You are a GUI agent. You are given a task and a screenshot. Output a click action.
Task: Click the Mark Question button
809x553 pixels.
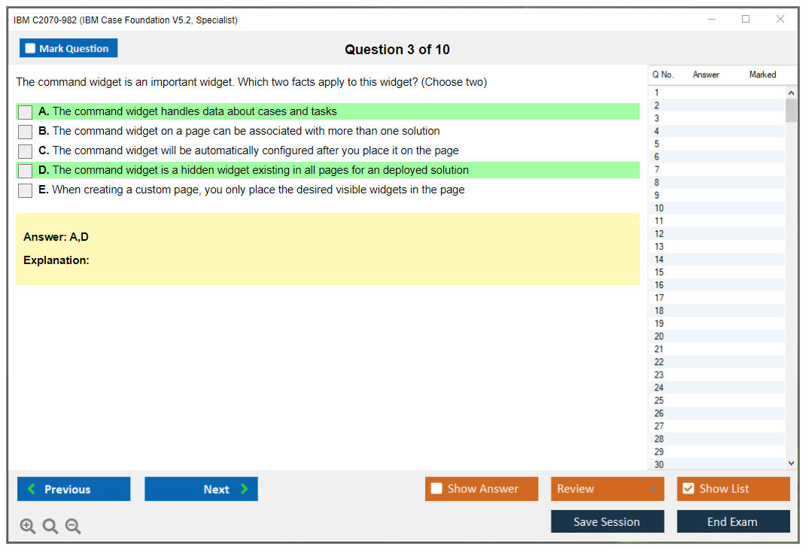[68, 48]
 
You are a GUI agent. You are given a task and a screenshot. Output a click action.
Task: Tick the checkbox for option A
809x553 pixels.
[26, 112]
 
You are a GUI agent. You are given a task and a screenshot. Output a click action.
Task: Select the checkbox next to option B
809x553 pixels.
[26, 132]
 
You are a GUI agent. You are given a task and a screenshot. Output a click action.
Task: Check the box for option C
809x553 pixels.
[26, 151]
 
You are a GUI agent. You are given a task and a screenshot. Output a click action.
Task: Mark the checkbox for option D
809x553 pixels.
[26, 171]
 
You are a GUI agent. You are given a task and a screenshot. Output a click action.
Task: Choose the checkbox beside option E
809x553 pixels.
[26, 190]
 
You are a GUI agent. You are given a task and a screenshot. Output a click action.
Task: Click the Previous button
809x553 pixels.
[74, 489]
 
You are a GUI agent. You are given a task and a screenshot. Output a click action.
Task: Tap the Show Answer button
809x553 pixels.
[482, 489]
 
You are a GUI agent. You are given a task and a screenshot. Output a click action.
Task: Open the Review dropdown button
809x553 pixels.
[607, 489]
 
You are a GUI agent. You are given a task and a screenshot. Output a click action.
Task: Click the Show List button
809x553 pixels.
[733, 489]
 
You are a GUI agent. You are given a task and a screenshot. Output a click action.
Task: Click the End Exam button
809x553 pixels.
[733, 521]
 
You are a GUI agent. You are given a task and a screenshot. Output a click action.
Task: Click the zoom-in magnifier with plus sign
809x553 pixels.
[28, 526]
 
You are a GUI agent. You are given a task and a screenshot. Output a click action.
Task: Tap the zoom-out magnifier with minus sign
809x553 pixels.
[73, 526]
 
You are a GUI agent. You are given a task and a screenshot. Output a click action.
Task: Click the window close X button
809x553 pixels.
[780, 19]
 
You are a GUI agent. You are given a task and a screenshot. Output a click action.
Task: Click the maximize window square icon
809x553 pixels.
[746, 19]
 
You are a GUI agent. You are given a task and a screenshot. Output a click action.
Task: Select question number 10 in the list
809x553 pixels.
[658, 208]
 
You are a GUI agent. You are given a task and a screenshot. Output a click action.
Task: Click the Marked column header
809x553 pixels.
[762, 74]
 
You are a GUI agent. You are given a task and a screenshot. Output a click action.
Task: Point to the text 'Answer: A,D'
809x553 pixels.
[56, 237]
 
